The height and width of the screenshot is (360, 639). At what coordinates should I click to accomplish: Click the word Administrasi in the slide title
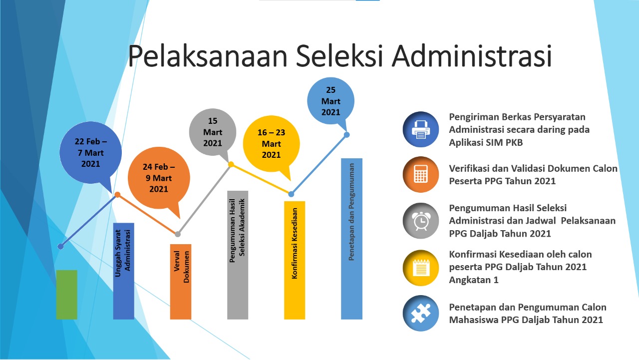tap(472, 55)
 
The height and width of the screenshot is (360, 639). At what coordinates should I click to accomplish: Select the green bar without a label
tap(66, 295)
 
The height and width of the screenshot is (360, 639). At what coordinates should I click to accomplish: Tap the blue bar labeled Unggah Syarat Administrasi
tap(123, 271)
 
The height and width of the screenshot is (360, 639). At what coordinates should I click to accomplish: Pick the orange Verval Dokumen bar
tap(181, 282)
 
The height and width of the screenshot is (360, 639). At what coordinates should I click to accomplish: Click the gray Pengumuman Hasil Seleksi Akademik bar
tap(238, 255)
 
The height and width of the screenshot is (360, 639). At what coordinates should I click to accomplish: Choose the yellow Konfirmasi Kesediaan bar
tap(295, 260)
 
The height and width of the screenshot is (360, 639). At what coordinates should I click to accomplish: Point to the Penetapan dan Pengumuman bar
tap(352, 239)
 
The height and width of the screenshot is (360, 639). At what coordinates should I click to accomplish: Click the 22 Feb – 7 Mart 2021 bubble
tap(91, 153)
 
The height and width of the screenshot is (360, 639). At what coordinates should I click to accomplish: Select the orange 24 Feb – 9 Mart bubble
tap(159, 178)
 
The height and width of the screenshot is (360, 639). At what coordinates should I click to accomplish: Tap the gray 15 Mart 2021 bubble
tap(213, 132)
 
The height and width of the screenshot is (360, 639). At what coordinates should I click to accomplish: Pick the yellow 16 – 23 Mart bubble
tap(271, 144)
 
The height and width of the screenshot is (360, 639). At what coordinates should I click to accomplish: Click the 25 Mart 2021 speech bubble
tap(331, 101)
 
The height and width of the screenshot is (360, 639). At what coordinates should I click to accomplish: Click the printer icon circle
tap(421, 129)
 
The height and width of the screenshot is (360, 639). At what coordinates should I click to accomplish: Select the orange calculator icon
tap(421, 174)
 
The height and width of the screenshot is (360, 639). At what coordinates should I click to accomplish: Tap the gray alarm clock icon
tap(421, 221)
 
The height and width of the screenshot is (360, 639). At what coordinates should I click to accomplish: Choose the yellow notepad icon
tap(421, 268)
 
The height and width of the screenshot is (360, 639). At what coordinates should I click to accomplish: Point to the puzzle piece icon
tap(421, 313)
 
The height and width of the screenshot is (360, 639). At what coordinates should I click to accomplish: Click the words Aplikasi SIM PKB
tap(486, 142)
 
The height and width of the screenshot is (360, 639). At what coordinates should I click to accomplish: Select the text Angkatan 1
tap(474, 280)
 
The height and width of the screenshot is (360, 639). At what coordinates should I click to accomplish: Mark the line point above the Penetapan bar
tap(347, 135)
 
